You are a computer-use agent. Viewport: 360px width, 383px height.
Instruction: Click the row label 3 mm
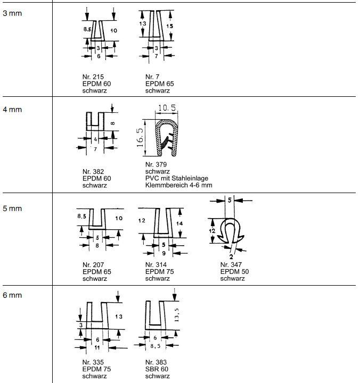pyautogui.click(x=12, y=13)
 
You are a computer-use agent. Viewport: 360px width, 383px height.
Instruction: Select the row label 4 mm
pyautogui.click(x=12, y=110)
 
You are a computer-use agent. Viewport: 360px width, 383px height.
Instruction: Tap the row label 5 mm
pyautogui.click(x=12, y=208)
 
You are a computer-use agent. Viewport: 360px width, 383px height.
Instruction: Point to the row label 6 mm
pyautogui.click(x=12, y=296)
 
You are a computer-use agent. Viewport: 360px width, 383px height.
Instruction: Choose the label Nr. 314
pyautogui.click(x=155, y=264)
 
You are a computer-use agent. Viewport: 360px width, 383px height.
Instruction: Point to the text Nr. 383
pyautogui.click(x=155, y=362)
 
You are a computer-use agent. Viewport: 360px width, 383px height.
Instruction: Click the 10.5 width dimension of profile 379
pyautogui.click(x=166, y=108)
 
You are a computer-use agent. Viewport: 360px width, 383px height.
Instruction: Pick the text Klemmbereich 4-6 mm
pyautogui.click(x=178, y=185)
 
